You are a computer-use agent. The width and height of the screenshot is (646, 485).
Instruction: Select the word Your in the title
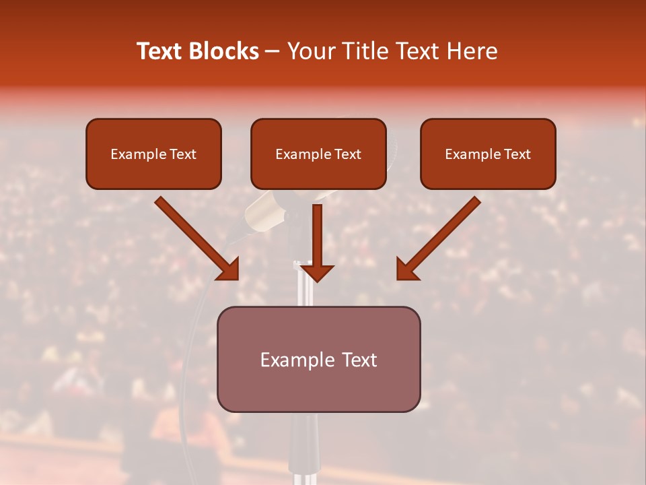click(312, 51)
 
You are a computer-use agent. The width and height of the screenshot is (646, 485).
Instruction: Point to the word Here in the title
click(472, 51)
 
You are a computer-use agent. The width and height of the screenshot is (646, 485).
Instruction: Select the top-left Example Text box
click(153, 154)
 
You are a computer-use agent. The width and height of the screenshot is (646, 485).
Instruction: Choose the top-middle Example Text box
click(318, 154)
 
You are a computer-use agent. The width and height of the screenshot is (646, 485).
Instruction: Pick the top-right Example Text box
click(488, 154)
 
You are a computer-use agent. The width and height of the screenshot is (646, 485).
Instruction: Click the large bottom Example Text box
click(318, 360)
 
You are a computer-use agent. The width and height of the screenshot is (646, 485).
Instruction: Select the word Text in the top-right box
click(517, 154)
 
